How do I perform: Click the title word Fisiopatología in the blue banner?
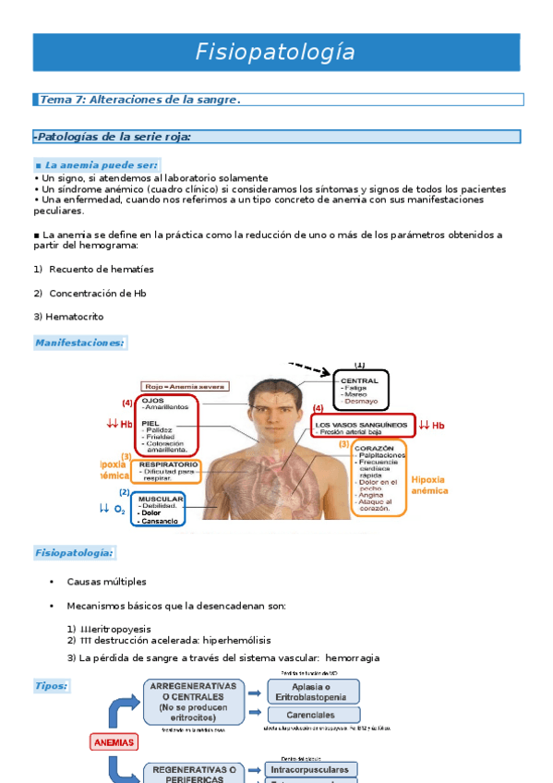275,53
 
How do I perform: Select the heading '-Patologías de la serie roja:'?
112,137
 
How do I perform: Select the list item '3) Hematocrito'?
68,317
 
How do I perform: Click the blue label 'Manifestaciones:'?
79,343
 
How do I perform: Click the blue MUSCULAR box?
159,510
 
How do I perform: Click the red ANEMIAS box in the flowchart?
114,741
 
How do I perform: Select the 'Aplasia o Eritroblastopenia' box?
313,692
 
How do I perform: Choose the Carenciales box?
313,715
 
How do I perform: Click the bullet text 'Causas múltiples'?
106,582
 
